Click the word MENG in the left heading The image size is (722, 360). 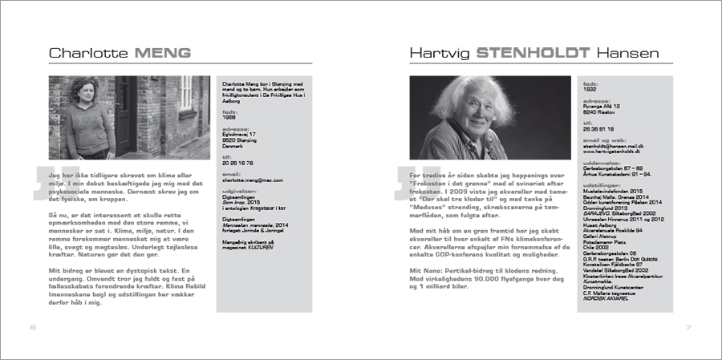pyautogui.click(x=163, y=54)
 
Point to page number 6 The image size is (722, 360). pyautogui.click(x=33, y=327)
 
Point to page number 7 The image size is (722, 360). pyautogui.click(x=688, y=327)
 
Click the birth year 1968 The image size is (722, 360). pyautogui.click(x=229, y=118)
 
